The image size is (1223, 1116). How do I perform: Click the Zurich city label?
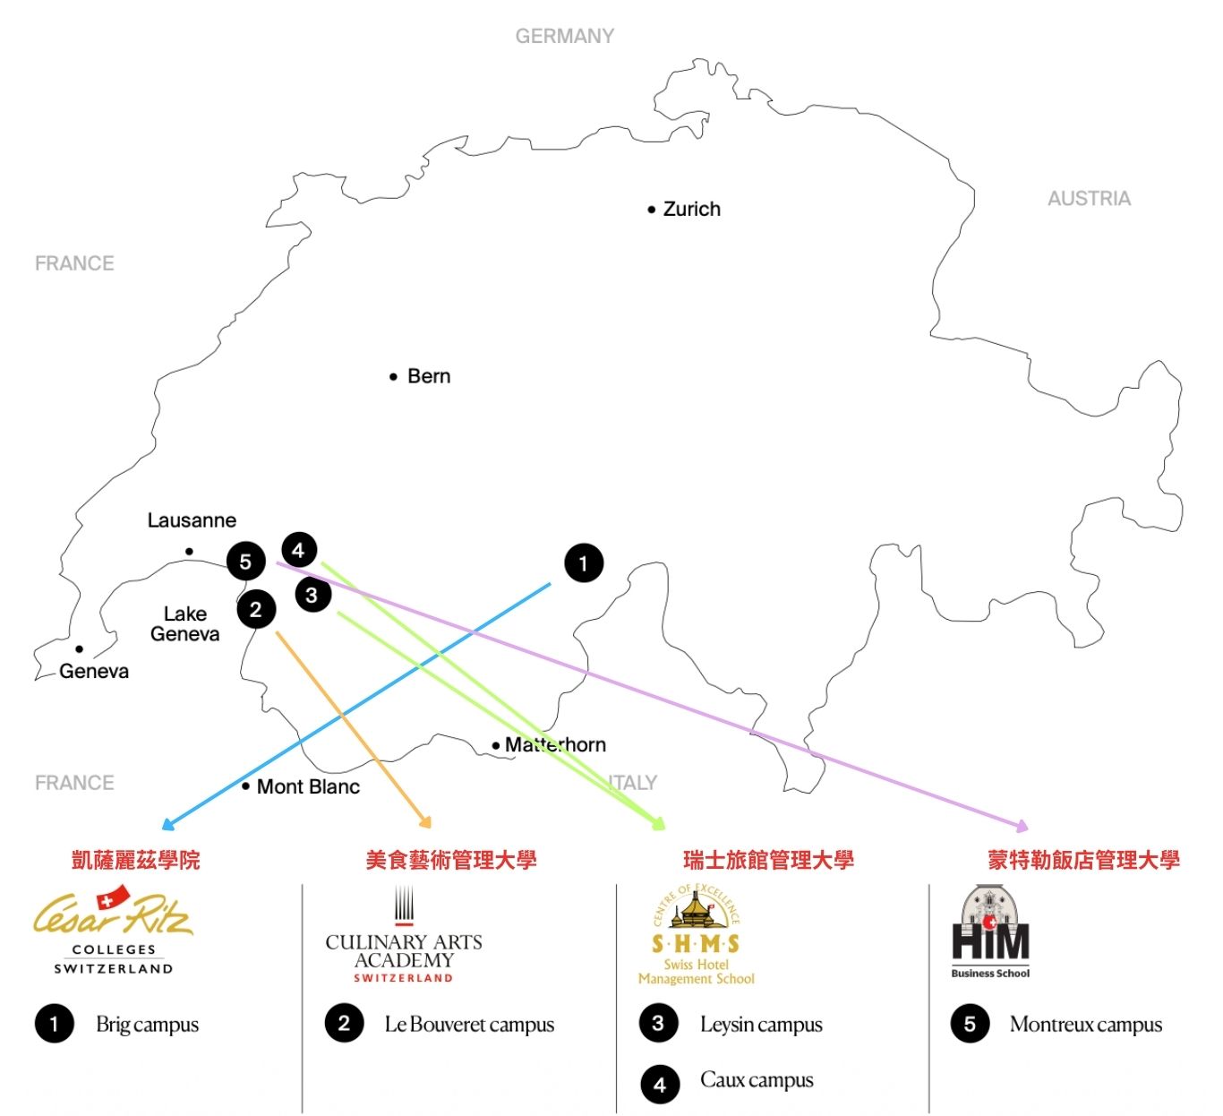pyautogui.click(x=691, y=210)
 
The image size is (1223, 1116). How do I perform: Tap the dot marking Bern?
pyautogui.click(x=393, y=377)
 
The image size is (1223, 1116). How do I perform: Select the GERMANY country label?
pyautogui.click(x=564, y=37)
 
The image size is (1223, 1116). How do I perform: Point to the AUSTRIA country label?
pyautogui.click(x=1089, y=199)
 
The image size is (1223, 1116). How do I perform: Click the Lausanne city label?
pyautogui.click(x=192, y=520)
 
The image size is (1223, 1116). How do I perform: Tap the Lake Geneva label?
pyautogui.click(x=184, y=624)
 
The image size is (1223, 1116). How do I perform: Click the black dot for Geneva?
pyautogui.click(x=80, y=649)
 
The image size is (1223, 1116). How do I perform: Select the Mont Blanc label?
pyautogui.click(x=308, y=787)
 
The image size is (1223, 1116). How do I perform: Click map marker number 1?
pyautogui.click(x=584, y=563)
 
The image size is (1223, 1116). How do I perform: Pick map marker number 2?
pyautogui.click(x=256, y=610)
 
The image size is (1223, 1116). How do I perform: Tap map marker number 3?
pyautogui.click(x=312, y=595)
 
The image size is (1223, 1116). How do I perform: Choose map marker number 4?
pyautogui.click(x=299, y=549)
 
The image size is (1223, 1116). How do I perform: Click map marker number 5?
pyautogui.click(x=245, y=562)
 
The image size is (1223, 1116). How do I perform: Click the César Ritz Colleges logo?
pyautogui.click(x=113, y=930)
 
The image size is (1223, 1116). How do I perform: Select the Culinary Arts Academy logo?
pyautogui.click(x=404, y=937)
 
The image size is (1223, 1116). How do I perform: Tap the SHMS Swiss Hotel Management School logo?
pyautogui.click(x=697, y=935)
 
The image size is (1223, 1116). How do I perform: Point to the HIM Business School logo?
pyautogui.click(x=990, y=932)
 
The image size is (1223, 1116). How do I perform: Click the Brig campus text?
pyautogui.click(x=147, y=1025)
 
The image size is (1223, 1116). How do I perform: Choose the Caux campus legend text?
pyautogui.click(x=757, y=1080)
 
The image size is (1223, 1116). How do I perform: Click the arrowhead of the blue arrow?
pyautogui.click(x=167, y=825)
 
